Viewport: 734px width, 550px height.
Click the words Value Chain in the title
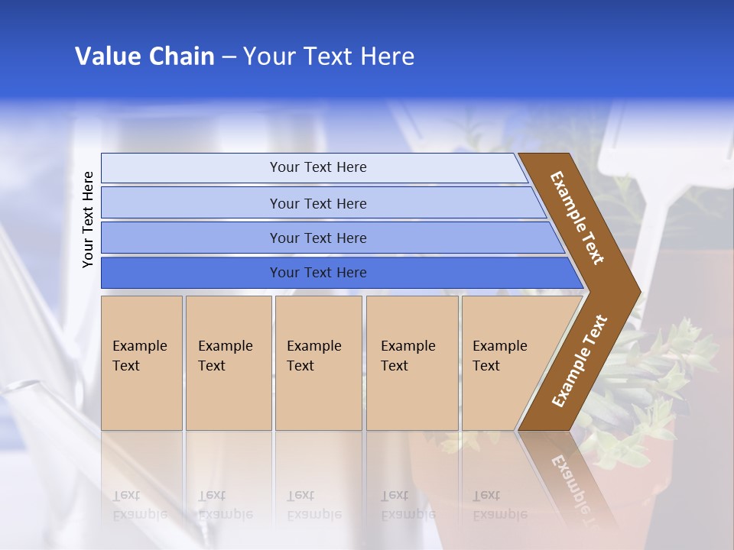[x=145, y=57]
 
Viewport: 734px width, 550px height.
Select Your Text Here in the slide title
[x=329, y=57]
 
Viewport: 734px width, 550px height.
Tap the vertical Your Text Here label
[x=88, y=219]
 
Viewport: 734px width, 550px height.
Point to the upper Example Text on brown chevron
[x=577, y=218]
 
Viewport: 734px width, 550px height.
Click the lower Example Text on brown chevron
[x=579, y=361]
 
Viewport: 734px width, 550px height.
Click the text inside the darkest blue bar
[x=318, y=273]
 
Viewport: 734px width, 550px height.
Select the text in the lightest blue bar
[x=318, y=167]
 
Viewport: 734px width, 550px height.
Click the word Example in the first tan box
[x=139, y=346]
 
